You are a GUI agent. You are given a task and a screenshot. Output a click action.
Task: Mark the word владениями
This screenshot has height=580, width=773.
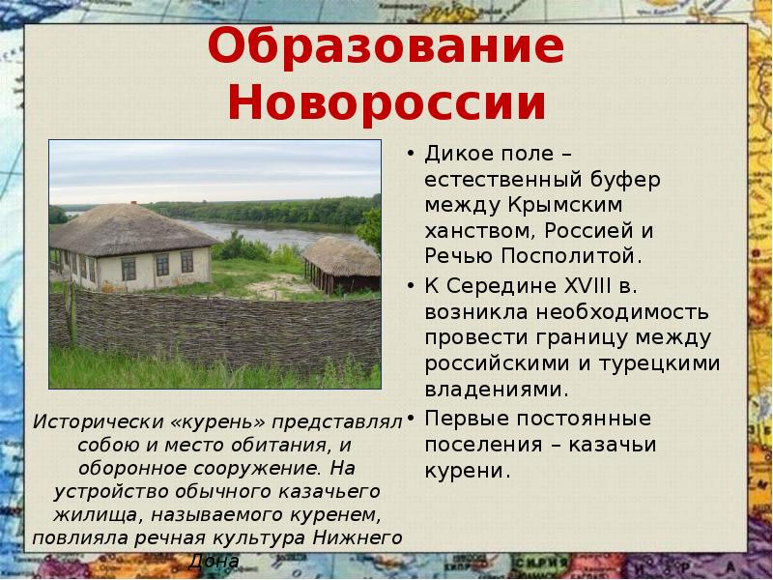click(494, 390)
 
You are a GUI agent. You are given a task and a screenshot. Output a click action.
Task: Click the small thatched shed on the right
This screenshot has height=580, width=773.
click(341, 262)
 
